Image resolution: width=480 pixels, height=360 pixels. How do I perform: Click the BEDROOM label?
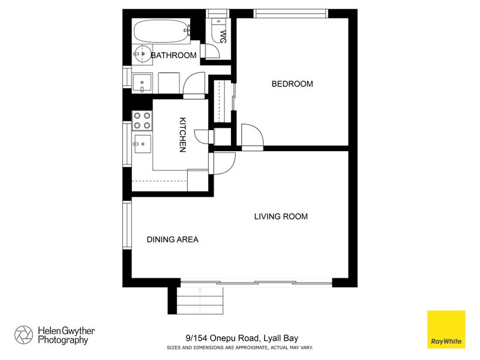point(292,84)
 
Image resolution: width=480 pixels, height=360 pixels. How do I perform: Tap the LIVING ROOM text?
point(281,216)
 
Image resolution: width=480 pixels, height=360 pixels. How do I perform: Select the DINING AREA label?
point(172,239)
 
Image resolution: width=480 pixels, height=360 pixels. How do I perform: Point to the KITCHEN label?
point(182,134)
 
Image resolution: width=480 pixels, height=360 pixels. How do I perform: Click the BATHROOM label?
point(173,56)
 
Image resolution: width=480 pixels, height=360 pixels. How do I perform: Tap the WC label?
point(223,37)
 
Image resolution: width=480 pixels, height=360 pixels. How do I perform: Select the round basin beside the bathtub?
point(142,54)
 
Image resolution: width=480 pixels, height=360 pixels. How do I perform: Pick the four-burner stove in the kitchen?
point(142,121)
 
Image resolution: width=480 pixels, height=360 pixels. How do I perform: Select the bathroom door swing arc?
point(194,85)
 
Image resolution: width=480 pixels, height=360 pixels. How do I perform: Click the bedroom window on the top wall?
point(291,13)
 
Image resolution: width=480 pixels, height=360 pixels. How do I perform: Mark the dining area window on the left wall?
point(127,225)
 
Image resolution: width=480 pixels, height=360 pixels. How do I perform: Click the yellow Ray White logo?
point(446,329)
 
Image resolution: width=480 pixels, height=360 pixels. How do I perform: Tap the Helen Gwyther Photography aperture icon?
point(24,335)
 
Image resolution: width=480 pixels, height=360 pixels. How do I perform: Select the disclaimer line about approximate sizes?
point(239,347)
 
